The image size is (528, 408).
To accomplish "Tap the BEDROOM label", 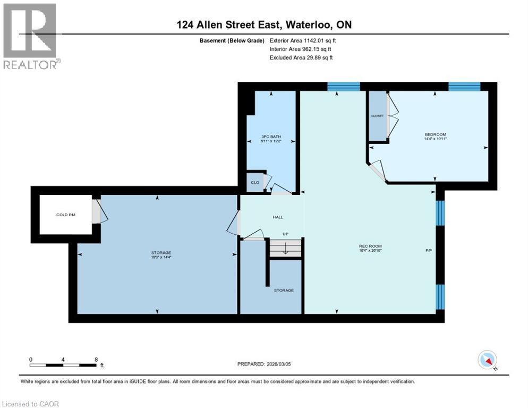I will click(x=435, y=134).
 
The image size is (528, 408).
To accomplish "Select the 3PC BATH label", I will click(x=271, y=137).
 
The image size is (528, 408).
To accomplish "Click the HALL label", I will click(x=278, y=217).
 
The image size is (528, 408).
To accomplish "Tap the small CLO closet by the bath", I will click(x=255, y=182).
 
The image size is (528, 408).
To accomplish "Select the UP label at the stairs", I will click(x=285, y=234).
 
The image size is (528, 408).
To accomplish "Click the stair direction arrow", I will click(x=285, y=248).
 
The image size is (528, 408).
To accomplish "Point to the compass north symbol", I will click(x=487, y=360).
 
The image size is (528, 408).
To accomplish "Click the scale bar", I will click(x=63, y=365).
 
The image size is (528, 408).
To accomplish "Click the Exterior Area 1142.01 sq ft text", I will click(x=303, y=40).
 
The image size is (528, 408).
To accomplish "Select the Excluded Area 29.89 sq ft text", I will click(x=301, y=57).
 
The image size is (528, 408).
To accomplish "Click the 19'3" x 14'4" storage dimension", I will click(x=157, y=258).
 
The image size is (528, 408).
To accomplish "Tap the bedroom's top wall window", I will click(x=464, y=87).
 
